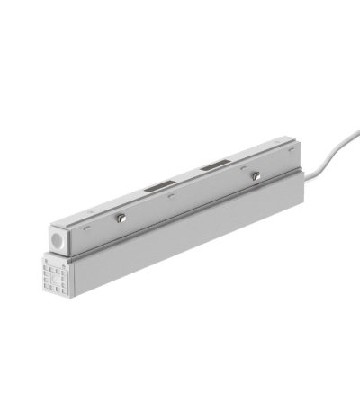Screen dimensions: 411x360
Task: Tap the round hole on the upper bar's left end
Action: click(x=58, y=241)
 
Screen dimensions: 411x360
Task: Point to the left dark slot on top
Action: click(x=157, y=188)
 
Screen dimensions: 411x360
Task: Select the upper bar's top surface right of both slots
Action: click(x=256, y=158)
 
